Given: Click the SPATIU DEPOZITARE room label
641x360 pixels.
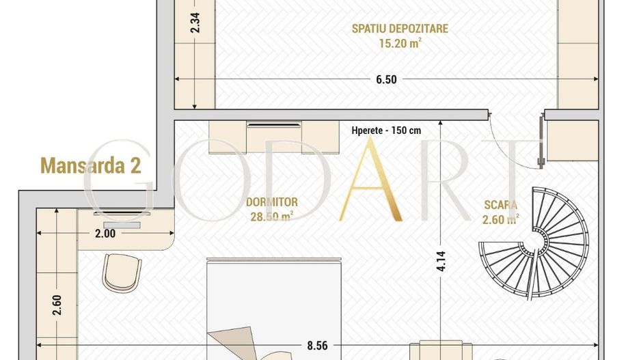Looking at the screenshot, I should tap(400, 29).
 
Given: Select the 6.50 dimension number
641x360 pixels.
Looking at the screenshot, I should tap(386, 79).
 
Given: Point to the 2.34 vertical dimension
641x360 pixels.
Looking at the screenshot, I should tap(195, 25).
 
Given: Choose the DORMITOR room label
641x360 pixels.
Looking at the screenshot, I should tap(272, 203).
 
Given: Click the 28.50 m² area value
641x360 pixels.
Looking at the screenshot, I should tap(272, 217).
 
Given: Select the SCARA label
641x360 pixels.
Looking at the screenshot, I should tap(500, 204).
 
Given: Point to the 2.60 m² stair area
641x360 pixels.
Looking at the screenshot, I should tap(500, 219).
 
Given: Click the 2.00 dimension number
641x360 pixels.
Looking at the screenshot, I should tap(105, 233).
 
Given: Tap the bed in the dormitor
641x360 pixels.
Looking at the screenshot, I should tap(273, 307).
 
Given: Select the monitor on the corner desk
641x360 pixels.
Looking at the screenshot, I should tap(122, 225).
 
